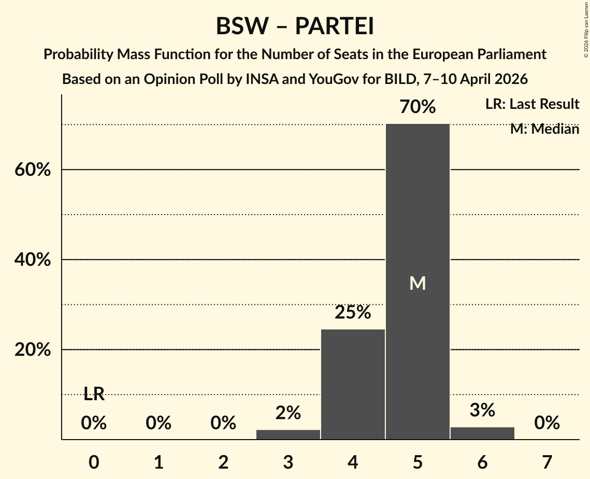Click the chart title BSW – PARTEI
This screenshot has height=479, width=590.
click(295, 26)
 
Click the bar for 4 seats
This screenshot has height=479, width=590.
click(353, 384)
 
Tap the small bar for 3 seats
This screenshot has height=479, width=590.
click(288, 434)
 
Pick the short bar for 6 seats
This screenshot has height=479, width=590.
click(482, 433)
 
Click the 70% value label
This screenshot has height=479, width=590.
click(418, 107)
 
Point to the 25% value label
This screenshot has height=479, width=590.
click(353, 313)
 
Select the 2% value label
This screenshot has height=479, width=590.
click(288, 413)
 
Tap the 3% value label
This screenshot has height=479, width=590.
click(482, 410)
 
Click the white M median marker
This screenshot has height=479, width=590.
click(418, 283)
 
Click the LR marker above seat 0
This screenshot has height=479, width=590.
click(94, 395)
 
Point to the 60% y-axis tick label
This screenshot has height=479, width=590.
click(32, 170)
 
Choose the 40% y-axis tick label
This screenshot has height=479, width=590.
click(32, 260)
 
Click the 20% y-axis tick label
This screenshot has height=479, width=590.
click(32, 350)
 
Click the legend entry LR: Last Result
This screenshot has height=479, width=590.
click(532, 104)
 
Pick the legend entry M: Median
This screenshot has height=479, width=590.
click(544, 129)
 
